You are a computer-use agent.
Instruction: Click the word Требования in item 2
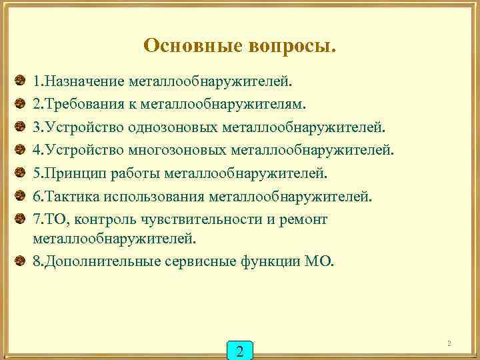[85, 104]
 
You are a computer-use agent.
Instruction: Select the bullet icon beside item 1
[21, 81]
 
